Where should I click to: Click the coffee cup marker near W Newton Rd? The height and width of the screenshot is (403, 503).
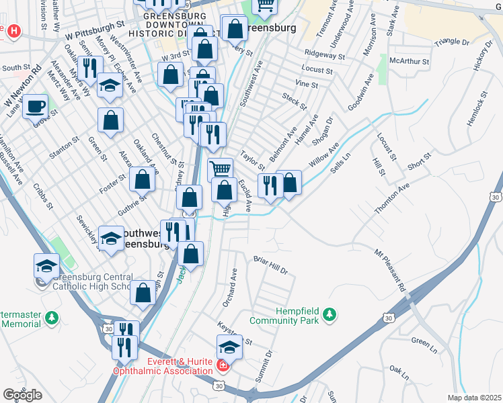click(35, 105)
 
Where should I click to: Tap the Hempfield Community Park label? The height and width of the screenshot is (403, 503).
click(282, 316)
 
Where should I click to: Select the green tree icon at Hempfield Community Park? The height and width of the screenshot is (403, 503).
click(329, 314)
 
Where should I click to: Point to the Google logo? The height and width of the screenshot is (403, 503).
click(22, 394)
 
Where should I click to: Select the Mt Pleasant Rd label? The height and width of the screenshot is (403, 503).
click(390, 270)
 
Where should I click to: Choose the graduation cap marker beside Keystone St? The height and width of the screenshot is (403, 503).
click(229, 347)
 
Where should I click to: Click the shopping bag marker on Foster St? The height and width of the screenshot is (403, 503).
click(142, 179)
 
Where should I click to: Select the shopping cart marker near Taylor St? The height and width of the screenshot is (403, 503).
click(220, 169)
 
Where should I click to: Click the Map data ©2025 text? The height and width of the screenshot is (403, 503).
click(474, 398)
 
